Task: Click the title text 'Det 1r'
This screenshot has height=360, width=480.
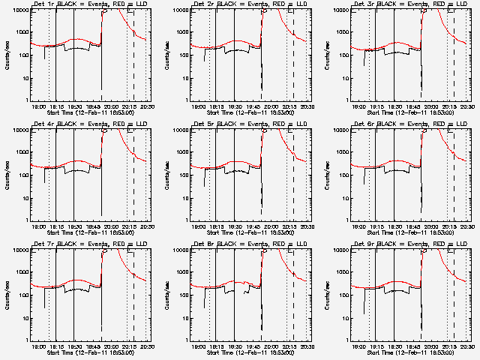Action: (x=46, y=4)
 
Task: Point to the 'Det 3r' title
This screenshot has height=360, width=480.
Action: (x=366, y=4)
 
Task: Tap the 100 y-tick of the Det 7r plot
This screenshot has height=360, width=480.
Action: (x=22, y=295)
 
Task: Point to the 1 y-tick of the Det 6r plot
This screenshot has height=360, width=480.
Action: (x=347, y=219)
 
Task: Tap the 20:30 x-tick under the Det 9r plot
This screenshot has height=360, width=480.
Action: (x=466, y=346)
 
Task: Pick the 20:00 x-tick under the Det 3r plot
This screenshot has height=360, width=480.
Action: (x=431, y=106)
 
